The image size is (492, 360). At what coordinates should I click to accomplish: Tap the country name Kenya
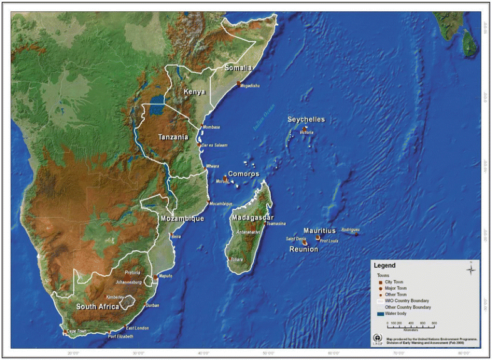[194, 92]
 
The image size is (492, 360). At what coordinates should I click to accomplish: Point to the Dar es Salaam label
[215, 145]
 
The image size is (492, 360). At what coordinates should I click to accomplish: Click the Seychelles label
[306, 119]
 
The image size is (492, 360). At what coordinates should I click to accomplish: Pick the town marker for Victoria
[304, 128]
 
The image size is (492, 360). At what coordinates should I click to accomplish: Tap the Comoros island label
[244, 174]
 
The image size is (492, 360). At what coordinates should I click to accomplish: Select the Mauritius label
[322, 230]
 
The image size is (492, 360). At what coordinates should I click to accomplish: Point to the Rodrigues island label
[352, 230]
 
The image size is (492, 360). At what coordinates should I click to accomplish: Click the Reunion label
[303, 249]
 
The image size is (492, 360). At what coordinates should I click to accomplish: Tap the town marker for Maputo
[156, 277]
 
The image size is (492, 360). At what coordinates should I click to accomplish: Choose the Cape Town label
[77, 331]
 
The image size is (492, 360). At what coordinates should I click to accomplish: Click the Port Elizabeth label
[121, 337]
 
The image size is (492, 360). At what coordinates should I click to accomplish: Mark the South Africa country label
[98, 307]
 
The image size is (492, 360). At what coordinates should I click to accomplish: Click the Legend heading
[384, 265]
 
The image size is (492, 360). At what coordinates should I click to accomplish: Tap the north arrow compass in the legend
[471, 269]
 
